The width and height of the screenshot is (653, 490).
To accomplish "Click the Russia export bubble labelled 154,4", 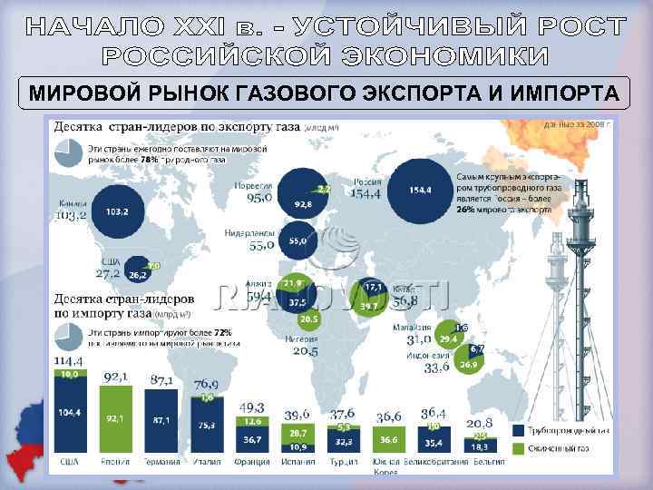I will point(419,191).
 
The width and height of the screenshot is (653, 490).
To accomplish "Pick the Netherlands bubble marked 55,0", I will point(297,241).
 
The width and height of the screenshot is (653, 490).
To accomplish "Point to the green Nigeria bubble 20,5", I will point(308,318).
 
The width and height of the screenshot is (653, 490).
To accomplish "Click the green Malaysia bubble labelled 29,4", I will point(448,338).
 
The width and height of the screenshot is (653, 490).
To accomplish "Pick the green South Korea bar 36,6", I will point(388,438).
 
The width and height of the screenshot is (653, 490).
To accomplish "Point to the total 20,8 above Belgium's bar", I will point(480,423).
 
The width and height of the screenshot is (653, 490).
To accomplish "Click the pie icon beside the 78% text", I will point(70,152).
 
